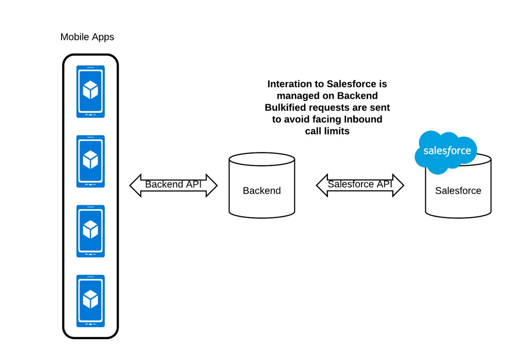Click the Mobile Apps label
[87, 37]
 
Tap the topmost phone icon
[91, 91]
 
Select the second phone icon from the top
[91, 161]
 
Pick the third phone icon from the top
[91, 231]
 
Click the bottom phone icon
[91, 301]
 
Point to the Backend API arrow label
[173, 185]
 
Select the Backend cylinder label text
[262, 191]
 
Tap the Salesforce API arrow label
[360, 184]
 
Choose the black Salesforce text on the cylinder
[458, 191]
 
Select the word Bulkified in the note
[285, 107]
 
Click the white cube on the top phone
[91, 90]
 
